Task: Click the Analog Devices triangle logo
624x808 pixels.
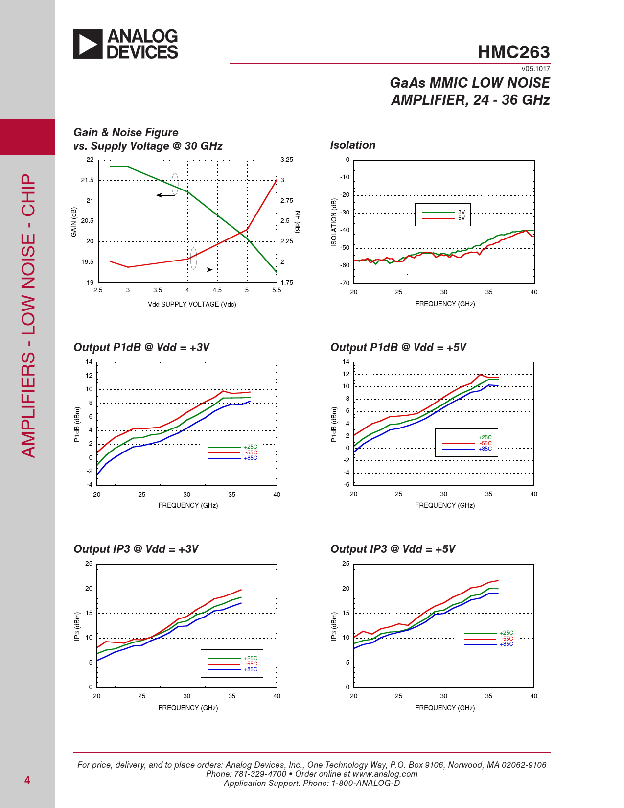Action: (88, 44)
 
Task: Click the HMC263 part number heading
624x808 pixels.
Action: (513, 52)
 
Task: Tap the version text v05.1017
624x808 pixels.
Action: (535, 69)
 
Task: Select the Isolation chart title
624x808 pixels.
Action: (352, 145)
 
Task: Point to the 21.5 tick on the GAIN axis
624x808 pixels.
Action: (87, 180)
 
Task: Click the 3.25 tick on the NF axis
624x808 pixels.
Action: (287, 160)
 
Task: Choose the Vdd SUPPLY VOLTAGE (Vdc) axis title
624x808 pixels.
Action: (192, 304)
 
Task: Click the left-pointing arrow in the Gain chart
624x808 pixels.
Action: (166, 195)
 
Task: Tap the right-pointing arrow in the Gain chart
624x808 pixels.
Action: (203, 270)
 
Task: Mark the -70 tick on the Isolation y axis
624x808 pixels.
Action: (345, 283)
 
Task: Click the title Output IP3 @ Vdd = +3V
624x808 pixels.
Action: (136, 549)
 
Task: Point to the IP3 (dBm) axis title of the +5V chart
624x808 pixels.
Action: (333, 626)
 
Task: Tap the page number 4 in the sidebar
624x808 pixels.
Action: (27, 780)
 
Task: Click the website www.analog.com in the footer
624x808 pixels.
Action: (385, 774)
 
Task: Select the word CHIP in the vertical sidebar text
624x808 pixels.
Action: (28, 195)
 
